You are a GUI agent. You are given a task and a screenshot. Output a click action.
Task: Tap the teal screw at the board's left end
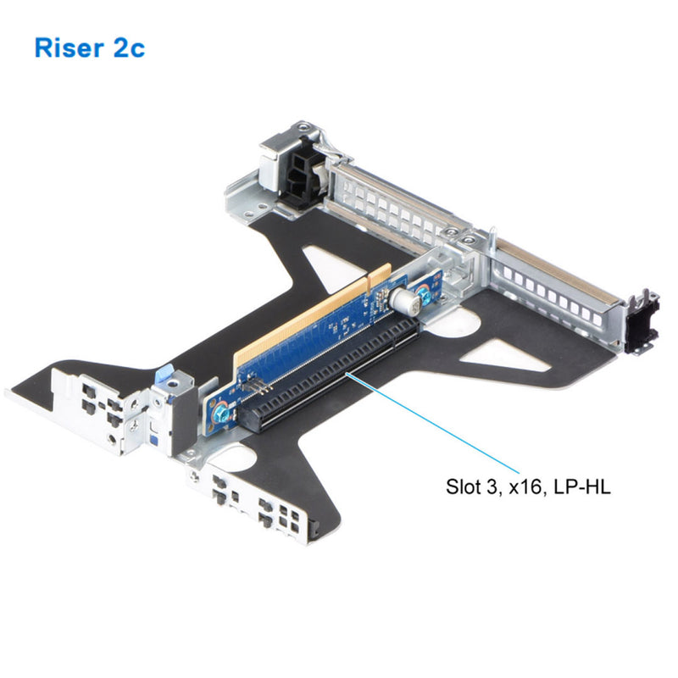coord(220,414)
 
